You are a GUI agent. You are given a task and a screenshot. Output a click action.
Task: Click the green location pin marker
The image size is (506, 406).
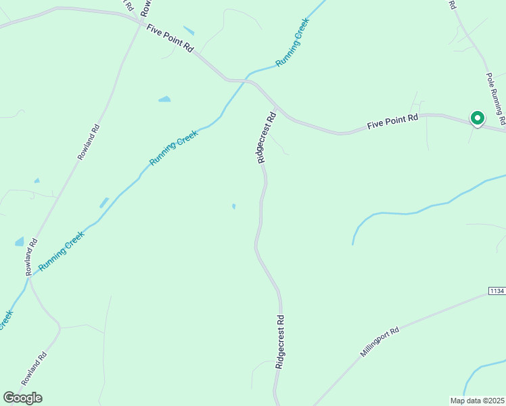pyautogui.click(x=477, y=118)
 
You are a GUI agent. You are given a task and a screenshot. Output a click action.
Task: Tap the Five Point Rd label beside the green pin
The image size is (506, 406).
pyautogui.click(x=392, y=122)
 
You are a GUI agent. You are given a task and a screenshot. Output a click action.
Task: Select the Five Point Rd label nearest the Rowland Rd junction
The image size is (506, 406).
pyautogui.click(x=170, y=39)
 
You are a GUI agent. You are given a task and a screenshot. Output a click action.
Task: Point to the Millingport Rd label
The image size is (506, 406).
pyautogui.click(x=379, y=342)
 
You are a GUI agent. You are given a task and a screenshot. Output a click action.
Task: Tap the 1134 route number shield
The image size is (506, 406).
pyautogui.click(x=496, y=291)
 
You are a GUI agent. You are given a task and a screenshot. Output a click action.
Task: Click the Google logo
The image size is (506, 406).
pyautogui.click(x=22, y=398)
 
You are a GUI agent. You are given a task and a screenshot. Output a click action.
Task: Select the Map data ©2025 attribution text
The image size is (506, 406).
pyautogui.click(x=476, y=401)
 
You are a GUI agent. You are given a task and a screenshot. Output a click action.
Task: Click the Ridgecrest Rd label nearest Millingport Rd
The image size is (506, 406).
pyautogui.click(x=280, y=341)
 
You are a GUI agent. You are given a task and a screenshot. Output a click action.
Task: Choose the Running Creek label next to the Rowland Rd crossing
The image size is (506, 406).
pyautogui.click(x=62, y=251)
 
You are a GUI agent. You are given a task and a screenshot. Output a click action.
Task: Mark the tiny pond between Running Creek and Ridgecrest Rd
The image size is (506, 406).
pyautogui.click(x=233, y=206)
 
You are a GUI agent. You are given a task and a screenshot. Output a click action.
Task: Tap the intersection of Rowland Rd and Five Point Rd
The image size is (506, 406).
pyautogui.click(x=141, y=24)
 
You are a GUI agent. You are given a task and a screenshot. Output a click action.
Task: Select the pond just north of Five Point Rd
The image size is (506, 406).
pyautogui.click(x=189, y=31)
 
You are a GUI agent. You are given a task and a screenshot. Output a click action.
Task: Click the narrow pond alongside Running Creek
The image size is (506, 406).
pyautogui.click(x=103, y=202)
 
